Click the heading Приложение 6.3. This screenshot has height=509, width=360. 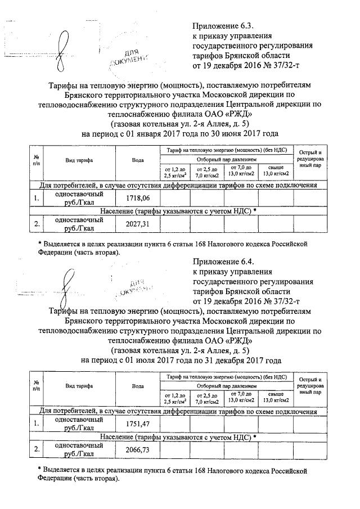[x=224, y=26]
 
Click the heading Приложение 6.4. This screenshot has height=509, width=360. [x=224, y=262]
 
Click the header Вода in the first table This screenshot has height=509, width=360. [x=137, y=160]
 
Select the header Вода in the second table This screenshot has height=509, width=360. [x=137, y=386]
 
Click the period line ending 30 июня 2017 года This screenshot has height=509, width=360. [x=180, y=134]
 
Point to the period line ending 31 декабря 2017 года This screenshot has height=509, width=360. [x=180, y=360]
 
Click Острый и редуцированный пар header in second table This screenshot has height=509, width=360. [x=310, y=386]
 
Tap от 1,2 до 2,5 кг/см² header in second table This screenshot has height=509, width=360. [x=175, y=398]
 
